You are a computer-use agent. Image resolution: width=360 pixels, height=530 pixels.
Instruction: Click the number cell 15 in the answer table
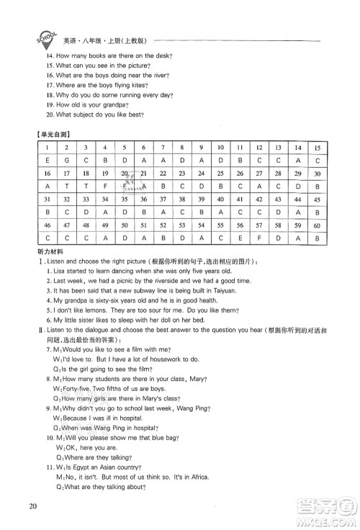316,148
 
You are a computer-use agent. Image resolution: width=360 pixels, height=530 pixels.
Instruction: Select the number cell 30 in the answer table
316,174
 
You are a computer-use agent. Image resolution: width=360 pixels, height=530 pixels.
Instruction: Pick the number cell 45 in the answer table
316,199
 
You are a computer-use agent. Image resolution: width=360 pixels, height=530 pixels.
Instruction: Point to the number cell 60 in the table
316,225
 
